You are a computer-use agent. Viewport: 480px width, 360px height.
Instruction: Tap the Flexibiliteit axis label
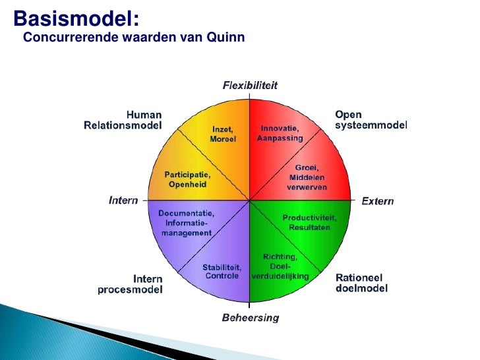tap(250, 85)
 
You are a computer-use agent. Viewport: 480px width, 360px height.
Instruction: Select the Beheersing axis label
tap(250, 318)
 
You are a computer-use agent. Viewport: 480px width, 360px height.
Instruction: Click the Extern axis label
tap(377, 201)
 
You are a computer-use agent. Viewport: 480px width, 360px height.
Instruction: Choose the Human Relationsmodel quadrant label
tap(123, 120)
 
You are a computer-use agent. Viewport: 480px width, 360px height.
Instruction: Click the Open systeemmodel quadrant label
tap(371, 120)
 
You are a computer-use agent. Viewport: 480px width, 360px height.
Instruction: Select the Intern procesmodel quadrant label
tap(130, 284)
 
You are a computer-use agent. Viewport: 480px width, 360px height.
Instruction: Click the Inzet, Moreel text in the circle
tap(223, 135)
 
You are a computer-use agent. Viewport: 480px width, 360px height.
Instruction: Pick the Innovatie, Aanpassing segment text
tap(280, 133)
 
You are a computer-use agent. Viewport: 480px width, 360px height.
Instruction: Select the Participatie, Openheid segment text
tap(187, 179)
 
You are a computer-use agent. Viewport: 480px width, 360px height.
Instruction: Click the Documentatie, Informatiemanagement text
tap(187, 223)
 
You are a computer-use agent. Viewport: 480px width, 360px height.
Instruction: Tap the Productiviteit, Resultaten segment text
tap(309, 222)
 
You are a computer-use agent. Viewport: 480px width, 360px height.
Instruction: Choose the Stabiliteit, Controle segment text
tap(222, 272)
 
